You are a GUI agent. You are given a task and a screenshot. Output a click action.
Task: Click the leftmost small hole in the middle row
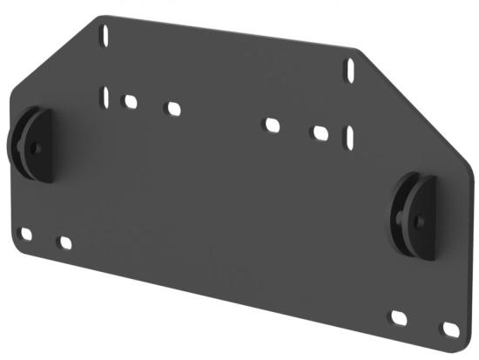pyautogui.click(x=130, y=101)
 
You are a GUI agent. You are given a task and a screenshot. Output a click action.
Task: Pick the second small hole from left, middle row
pyautogui.click(x=172, y=109)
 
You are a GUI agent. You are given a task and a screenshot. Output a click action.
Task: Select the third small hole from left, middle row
pyautogui.click(x=272, y=125)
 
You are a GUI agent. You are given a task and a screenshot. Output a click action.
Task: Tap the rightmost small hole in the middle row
pyautogui.click(x=320, y=133)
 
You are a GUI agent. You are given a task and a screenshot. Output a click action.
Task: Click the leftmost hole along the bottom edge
pyautogui.click(x=25, y=234)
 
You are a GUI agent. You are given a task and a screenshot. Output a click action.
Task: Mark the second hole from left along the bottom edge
pyautogui.click(x=64, y=241)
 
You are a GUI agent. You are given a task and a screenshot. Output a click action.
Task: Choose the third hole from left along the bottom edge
pyautogui.click(x=400, y=318)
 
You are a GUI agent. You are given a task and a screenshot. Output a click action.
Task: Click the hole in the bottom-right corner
pyautogui.click(x=450, y=329)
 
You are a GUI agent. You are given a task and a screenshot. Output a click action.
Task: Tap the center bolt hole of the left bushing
pyautogui.click(x=35, y=146)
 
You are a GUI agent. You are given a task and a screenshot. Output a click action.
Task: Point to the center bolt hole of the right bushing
pyautogui.click(x=419, y=221)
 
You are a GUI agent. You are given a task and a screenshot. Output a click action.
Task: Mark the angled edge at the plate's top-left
pyautogui.click(x=52, y=52)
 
